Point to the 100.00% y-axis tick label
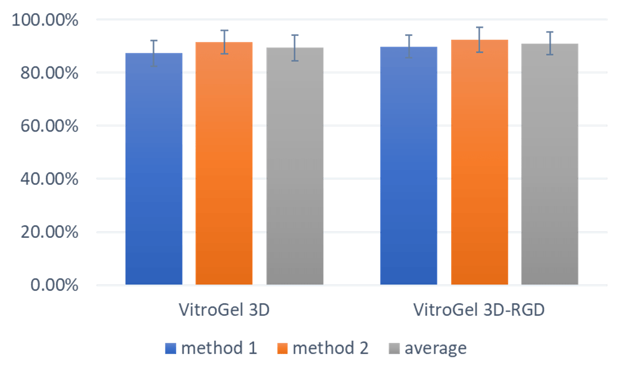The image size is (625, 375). [x=45, y=20]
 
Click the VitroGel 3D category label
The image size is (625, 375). [x=224, y=311]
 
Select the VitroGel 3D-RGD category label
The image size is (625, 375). [x=479, y=311]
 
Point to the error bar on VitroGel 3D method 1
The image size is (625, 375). [x=153, y=53]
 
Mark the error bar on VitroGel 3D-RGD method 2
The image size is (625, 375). [x=480, y=39]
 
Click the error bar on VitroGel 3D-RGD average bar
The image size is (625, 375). [x=549, y=43]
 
